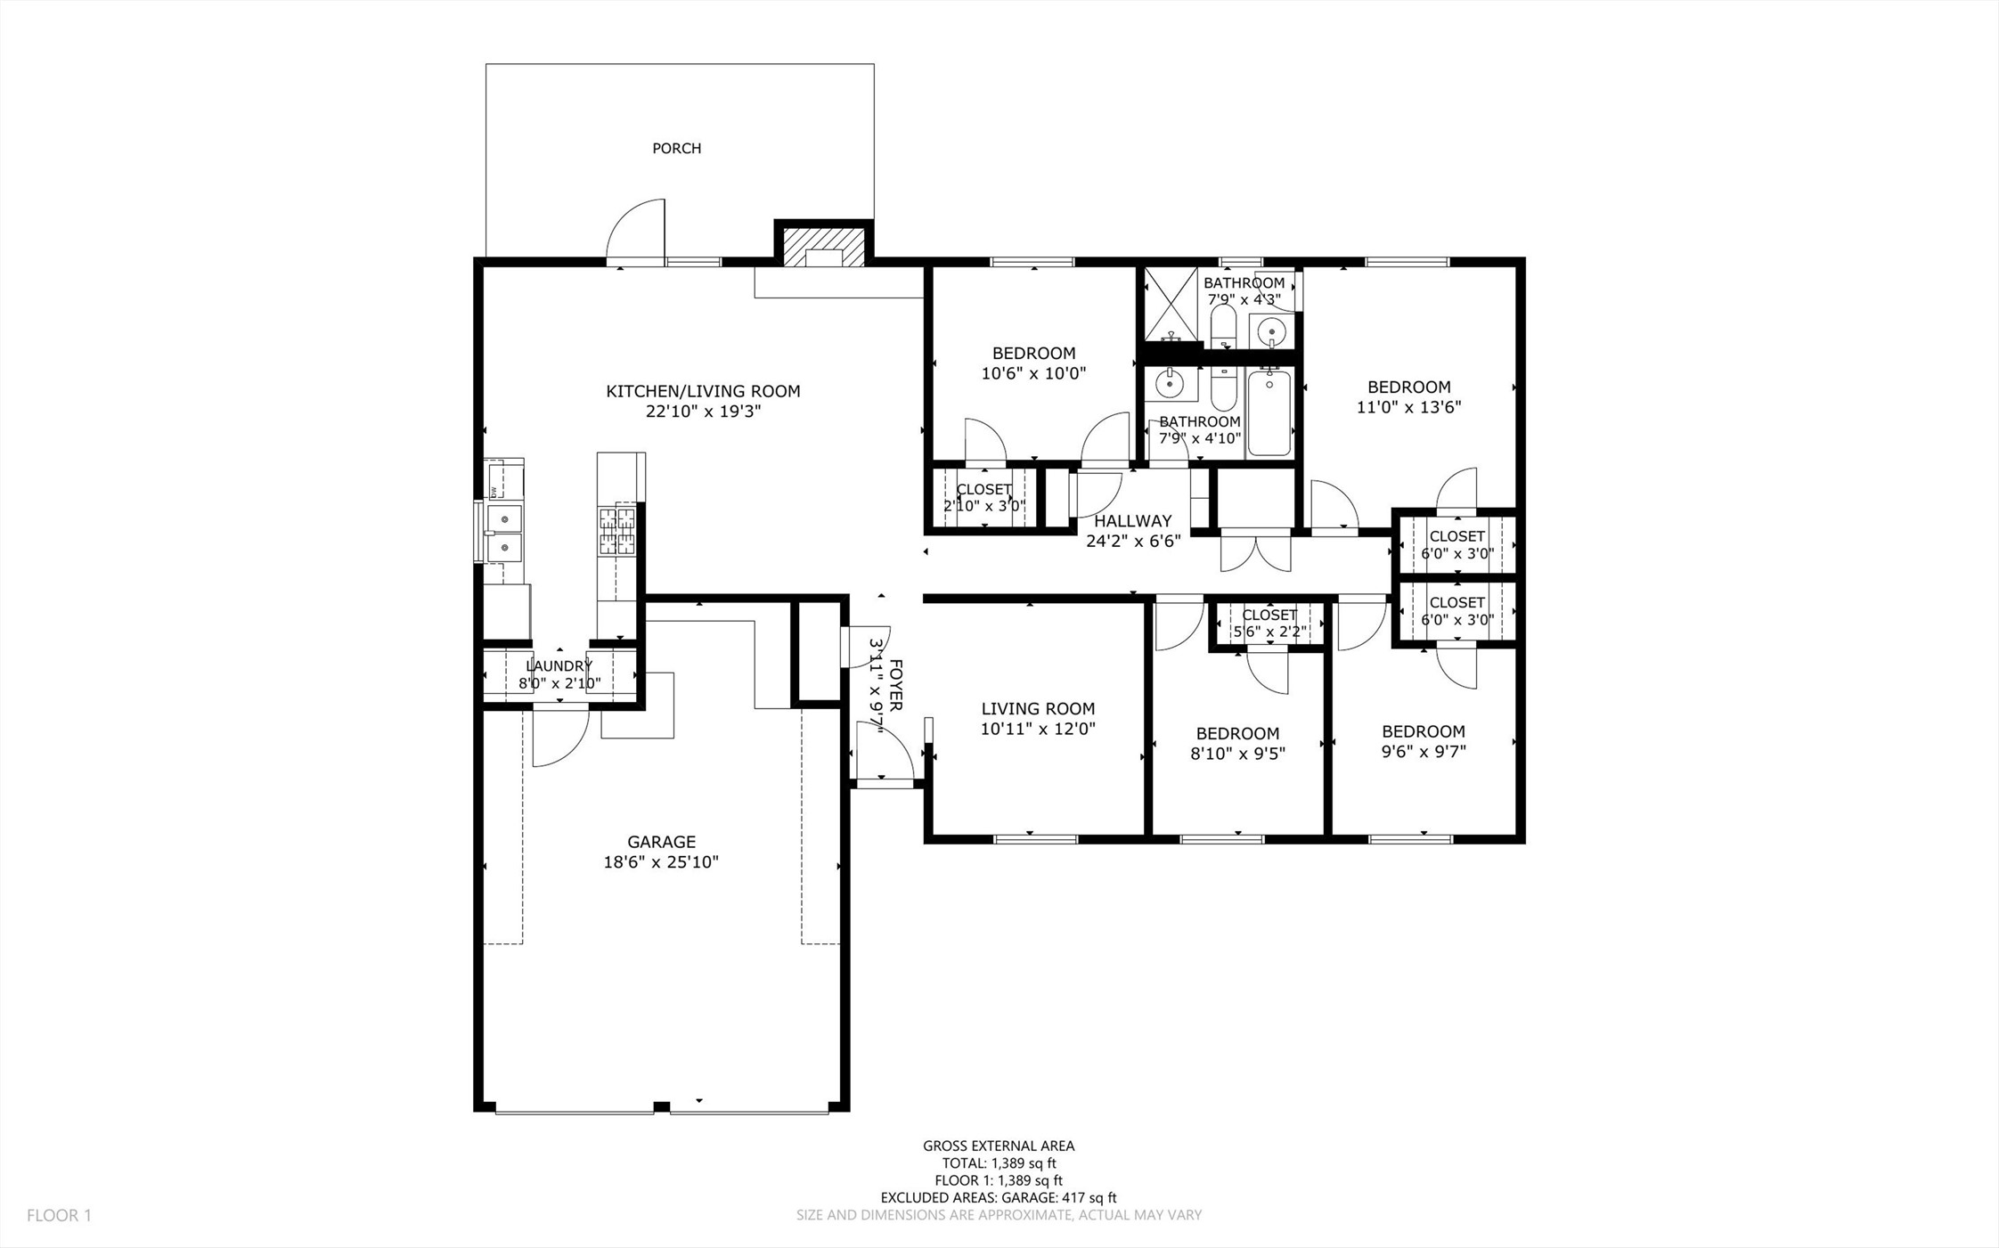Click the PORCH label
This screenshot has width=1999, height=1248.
[676, 149]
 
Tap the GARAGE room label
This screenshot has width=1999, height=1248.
[661, 842]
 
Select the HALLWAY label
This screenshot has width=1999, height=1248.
[1133, 521]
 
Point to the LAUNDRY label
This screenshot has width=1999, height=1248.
[559, 666]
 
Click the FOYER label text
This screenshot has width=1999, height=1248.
[896, 686]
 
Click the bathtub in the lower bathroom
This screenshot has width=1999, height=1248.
[1269, 412]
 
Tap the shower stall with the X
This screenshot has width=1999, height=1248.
[1171, 304]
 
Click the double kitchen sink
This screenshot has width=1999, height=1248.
[503, 532]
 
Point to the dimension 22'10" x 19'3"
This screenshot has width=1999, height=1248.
[704, 412]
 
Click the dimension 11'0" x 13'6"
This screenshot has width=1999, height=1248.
[1409, 407]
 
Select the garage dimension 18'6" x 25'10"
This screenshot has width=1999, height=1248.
[661, 862]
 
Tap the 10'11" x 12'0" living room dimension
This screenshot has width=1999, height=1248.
[1038, 729]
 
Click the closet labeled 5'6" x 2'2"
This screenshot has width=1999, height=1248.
[1269, 624]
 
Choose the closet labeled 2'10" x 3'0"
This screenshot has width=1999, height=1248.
[984, 498]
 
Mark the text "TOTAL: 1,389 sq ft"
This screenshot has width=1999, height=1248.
[999, 1163]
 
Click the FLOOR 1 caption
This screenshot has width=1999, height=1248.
[59, 1215]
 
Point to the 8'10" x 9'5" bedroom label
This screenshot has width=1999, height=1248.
[1238, 754]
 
